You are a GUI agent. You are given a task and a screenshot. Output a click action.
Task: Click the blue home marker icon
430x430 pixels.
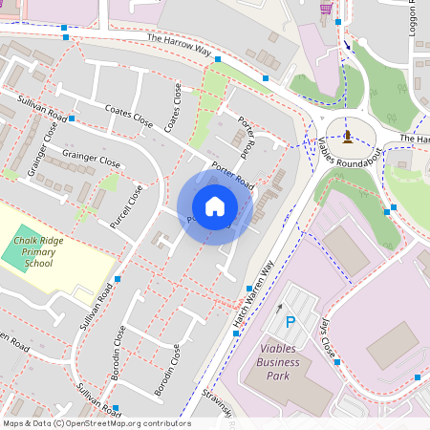coord(215,206)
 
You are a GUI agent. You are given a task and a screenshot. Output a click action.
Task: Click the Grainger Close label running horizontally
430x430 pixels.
coord(91,157)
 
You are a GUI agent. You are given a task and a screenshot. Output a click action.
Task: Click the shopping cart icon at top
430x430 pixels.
coord(327,8)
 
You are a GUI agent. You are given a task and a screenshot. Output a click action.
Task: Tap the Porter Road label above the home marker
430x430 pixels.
coord(231,180)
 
